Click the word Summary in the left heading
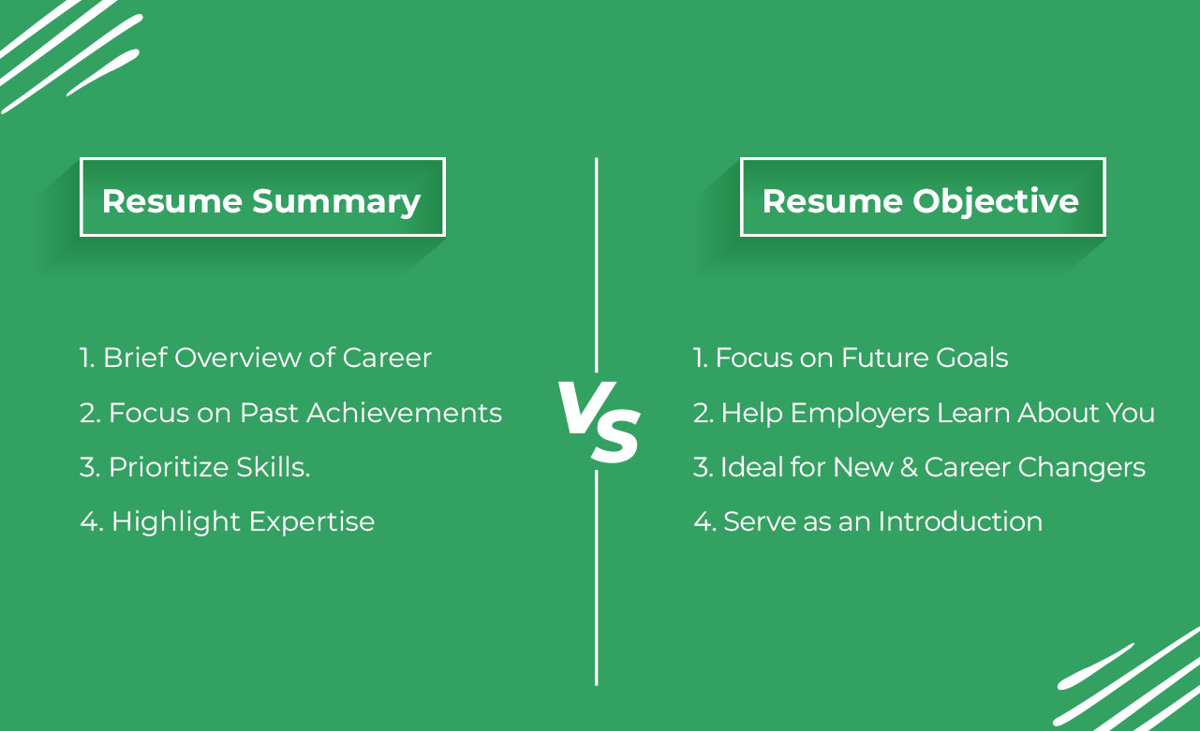[336, 202]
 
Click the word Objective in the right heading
[996, 202]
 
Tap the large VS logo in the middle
[599, 422]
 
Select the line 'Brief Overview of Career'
[267, 358]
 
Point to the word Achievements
[404, 413]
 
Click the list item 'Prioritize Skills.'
[210, 468]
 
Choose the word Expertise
[312, 522]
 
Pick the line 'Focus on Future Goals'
[862, 358]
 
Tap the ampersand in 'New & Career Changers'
[909, 467]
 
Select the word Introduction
[960, 521]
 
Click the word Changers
[1081, 468]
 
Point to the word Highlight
[176, 522]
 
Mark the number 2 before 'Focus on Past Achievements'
[87, 413]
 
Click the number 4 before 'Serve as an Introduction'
[703, 521]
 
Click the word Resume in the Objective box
[833, 202]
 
